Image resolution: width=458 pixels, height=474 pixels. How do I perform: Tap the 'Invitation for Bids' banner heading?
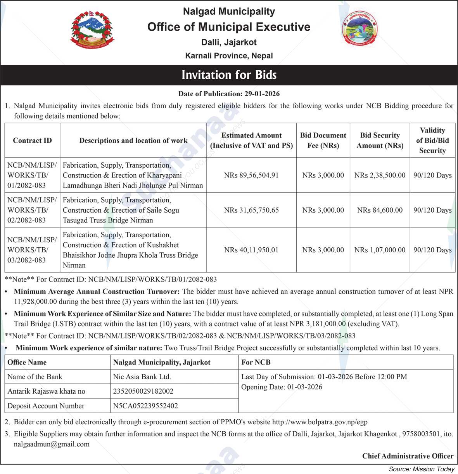[229, 75]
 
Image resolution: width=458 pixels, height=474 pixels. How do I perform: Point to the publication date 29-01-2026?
[262, 94]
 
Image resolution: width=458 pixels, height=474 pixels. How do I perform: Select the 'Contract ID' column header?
[32, 141]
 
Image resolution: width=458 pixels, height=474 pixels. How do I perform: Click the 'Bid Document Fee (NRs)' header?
[323, 141]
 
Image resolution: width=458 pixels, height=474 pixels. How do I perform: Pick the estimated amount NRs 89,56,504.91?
[251, 175]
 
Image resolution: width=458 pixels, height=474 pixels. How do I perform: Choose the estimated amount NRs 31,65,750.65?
[251, 210]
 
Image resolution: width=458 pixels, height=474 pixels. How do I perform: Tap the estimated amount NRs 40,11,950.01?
[251, 250]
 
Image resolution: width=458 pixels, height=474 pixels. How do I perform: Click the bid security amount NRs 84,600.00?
[380, 210]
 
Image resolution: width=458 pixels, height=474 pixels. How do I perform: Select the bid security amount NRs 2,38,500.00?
[380, 175]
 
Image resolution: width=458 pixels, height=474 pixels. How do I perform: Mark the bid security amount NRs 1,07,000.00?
[380, 250]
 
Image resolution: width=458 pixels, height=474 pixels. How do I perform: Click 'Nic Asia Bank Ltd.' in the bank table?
[142, 377]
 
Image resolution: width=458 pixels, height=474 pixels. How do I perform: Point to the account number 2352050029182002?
[143, 391]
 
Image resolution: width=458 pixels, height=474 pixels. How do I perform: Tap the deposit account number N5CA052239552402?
[145, 406]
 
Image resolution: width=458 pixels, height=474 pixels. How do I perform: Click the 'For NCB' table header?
[256, 362]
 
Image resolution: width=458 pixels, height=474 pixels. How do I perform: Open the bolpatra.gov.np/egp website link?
[320, 422]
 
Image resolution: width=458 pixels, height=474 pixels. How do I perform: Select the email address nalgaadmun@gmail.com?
[52, 444]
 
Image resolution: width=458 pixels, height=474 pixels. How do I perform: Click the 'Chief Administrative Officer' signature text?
[408, 456]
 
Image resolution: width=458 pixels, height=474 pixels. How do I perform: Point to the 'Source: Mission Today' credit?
[421, 469]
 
